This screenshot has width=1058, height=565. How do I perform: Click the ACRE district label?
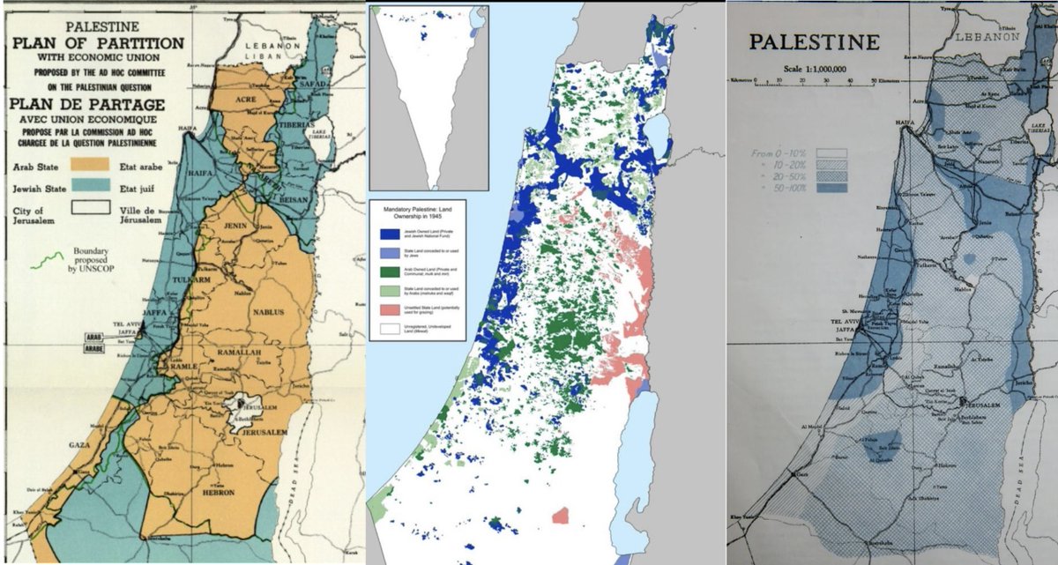click(x=246, y=100)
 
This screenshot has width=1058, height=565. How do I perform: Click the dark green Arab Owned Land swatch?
click(x=387, y=271)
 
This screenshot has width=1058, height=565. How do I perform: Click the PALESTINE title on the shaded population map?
click(x=813, y=41)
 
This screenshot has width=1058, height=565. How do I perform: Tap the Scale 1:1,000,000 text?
click(x=813, y=67)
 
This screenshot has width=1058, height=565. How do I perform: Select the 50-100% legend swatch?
click(x=831, y=188)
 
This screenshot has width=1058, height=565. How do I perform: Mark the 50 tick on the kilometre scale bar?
click(x=872, y=79)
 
